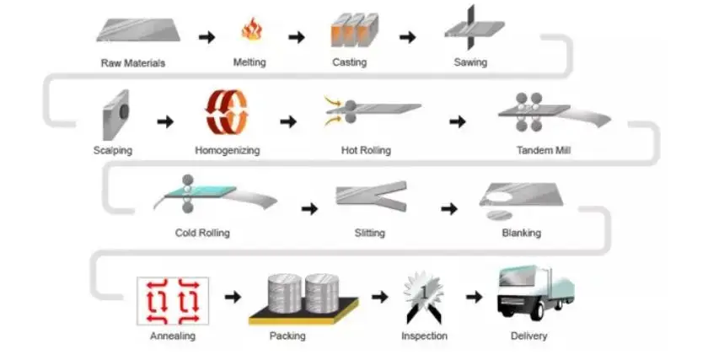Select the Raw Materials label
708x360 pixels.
tap(133, 63)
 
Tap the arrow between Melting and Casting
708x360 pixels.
tap(296, 37)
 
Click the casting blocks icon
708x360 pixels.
tap(353, 30)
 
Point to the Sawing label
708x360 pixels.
tap(470, 62)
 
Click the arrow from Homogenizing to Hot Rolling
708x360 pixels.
tap(288, 122)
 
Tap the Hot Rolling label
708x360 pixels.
tap(364, 151)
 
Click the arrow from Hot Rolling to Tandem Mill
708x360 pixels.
tap(457, 122)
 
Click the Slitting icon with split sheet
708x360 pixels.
tap(371, 199)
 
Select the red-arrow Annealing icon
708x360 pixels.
tap(173, 300)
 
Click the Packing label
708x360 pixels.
tap(287, 336)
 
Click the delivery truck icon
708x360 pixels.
tap(533, 292)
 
